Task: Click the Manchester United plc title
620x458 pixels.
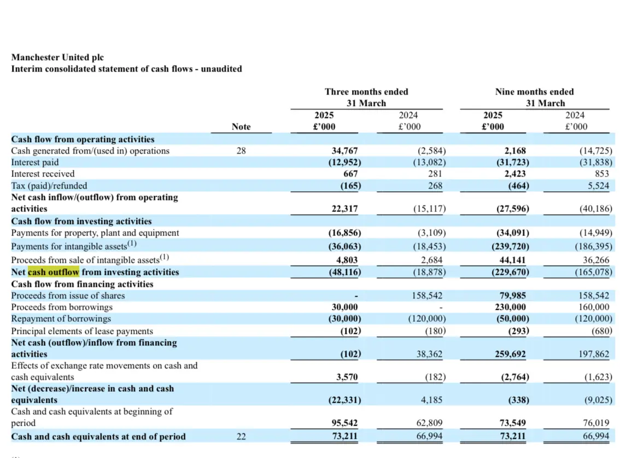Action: tap(57, 57)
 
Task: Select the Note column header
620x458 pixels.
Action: tap(241, 126)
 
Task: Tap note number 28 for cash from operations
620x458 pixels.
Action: tap(241, 150)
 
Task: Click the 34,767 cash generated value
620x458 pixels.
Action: tap(344, 150)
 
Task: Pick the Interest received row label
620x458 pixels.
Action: tap(43, 174)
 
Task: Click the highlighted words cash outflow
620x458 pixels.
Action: tap(54, 272)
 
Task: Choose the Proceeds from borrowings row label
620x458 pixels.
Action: tap(62, 307)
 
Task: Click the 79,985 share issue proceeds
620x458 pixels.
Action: tap(512, 296)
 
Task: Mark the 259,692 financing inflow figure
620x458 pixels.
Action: tap(510, 354)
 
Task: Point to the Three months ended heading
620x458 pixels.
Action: tap(366, 92)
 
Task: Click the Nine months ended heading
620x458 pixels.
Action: tap(534, 92)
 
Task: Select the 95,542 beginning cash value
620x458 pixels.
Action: tap(344, 423)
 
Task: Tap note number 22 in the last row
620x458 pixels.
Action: tap(241, 436)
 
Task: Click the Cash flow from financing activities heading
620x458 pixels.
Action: tap(82, 284)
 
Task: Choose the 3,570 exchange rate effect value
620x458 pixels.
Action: tap(347, 377)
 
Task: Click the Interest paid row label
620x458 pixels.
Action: tap(35, 162)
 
